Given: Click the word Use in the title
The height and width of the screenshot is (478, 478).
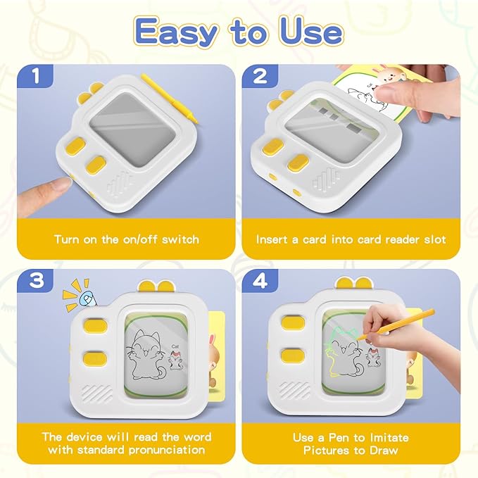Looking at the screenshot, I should [x=307, y=32].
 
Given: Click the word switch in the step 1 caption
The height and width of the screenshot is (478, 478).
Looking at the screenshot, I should [x=180, y=239].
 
